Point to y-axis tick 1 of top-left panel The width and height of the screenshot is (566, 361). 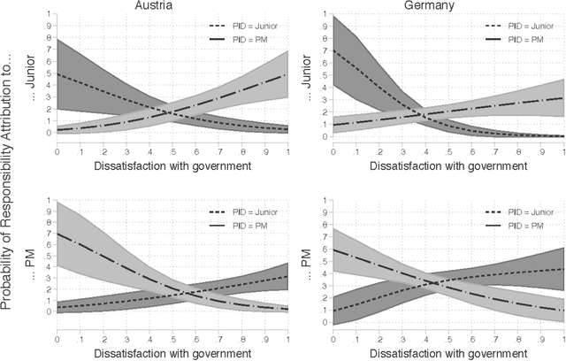50,16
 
